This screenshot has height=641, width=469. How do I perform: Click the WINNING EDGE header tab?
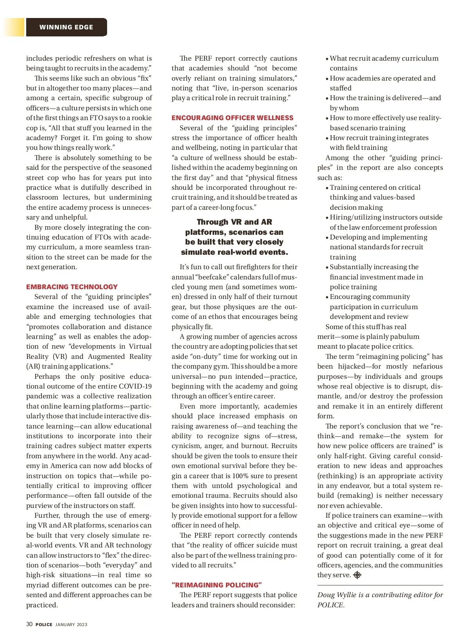point(66,27)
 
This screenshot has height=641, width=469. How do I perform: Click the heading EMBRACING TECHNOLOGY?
point(72,287)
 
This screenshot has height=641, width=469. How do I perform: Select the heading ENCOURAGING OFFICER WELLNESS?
point(233,118)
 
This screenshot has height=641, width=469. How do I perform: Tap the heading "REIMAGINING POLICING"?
point(217,585)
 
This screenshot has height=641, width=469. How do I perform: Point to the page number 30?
point(29,624)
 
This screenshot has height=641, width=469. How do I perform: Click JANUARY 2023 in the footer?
point(71,625)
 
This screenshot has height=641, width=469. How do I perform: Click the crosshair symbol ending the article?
point(357,575)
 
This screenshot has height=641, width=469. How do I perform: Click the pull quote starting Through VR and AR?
point(234,237)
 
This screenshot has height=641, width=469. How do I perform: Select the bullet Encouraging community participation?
point(370,297)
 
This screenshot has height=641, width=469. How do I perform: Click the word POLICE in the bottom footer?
point(44,625)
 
